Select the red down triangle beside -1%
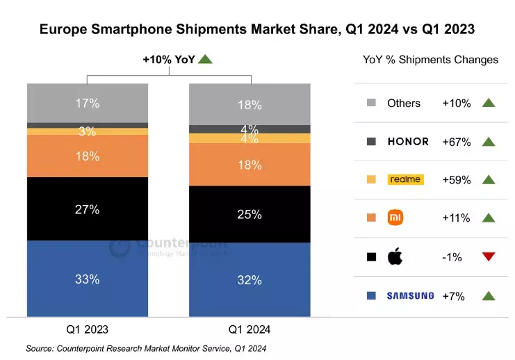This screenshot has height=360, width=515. (488, 257)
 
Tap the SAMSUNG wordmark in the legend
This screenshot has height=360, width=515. (410, 295)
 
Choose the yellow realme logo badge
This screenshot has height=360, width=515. (405, 179)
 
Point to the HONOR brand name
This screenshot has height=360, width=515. (409, 142)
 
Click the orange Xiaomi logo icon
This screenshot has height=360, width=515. (395, 218)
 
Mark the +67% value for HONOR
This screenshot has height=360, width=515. (457, 142)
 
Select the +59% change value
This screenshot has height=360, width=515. (457, 180)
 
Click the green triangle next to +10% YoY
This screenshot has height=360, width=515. (204, 60)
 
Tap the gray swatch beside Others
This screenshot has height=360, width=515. (372, 104)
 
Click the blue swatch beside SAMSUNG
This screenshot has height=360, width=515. (372, 295)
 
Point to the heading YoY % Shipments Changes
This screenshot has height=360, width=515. (430, 60)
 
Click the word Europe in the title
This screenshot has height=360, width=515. (63, 29)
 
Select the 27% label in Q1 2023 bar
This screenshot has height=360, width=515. (88, 209)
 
